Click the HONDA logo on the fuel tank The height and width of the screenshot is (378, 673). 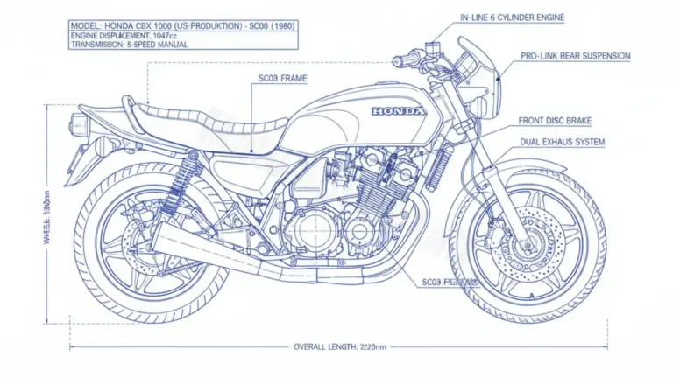(397, 112)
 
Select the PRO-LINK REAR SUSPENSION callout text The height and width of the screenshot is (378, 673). (575, 56)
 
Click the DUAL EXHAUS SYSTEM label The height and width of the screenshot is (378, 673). (562, 141)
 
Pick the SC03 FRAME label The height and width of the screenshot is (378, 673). (282, 79)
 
